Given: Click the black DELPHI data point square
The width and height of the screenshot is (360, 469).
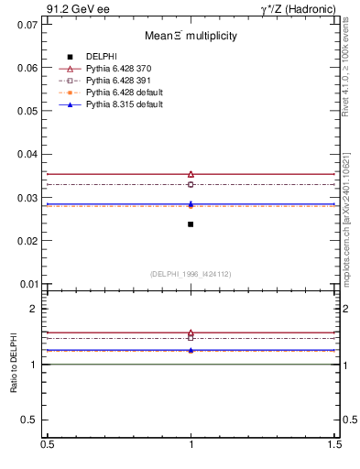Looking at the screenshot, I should [191, 224].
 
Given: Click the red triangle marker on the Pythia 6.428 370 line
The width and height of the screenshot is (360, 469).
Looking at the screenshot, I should [191, 174].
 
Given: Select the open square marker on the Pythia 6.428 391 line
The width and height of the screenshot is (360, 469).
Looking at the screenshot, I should [191, 184].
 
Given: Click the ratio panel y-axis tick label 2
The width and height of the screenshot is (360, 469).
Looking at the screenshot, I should [32, 309].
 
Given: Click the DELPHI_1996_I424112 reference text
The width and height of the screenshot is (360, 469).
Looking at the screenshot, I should [191, 273].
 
